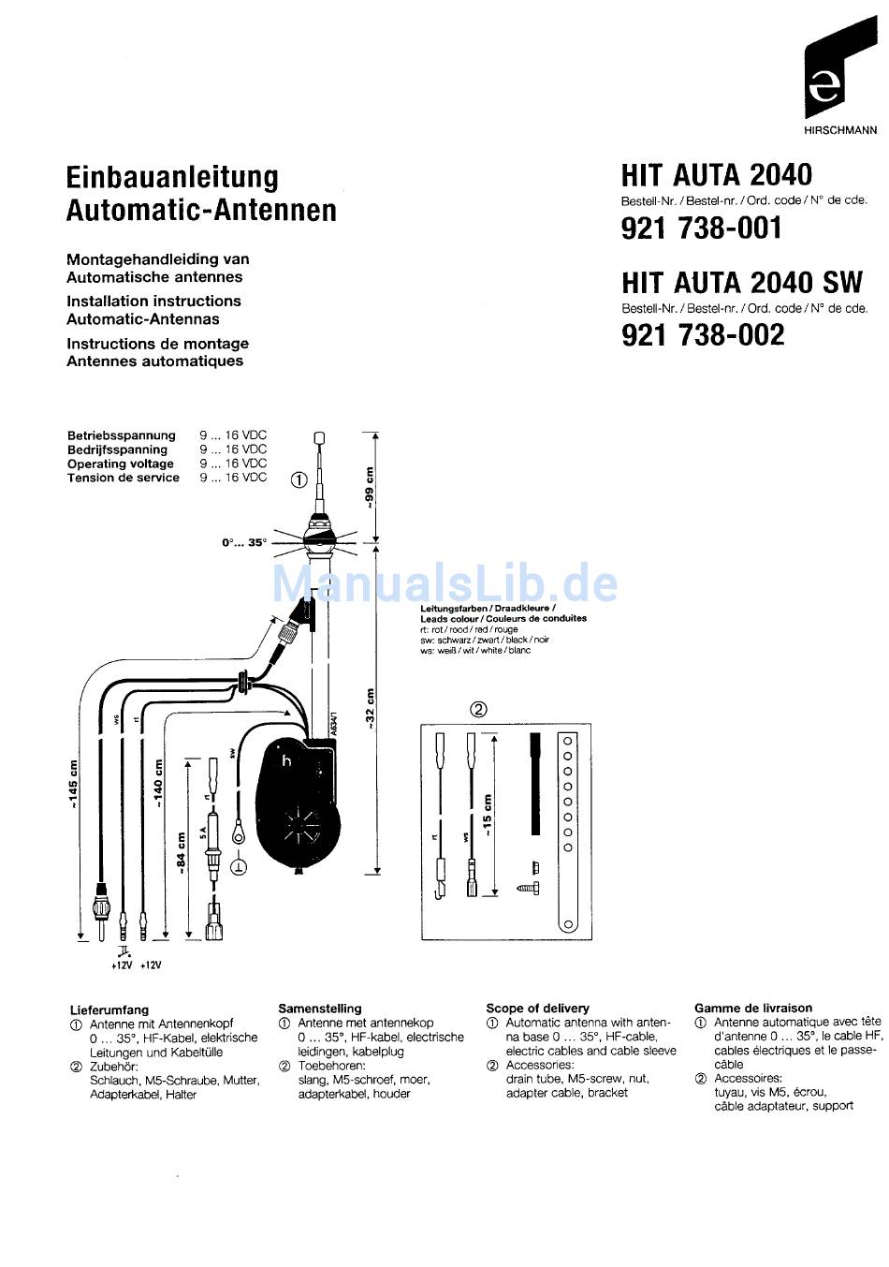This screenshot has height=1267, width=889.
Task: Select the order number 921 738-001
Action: coord(701,228)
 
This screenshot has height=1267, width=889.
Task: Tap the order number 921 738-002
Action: coord(703,335)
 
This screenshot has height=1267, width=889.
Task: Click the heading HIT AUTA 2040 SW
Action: coord(742,283)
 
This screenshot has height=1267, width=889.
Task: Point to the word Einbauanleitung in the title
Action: coord(172,178)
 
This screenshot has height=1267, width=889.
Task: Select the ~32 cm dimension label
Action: coord(370,709)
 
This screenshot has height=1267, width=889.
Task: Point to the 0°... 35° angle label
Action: coord(243,543)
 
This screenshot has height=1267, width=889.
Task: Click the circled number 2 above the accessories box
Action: coord(478,709)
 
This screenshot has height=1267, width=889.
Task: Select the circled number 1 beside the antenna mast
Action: coord(299,480)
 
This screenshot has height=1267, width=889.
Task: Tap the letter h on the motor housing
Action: coord(286,760)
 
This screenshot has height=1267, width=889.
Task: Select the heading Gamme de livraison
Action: coord(752,1009)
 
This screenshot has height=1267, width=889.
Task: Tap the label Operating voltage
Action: coord(120,464)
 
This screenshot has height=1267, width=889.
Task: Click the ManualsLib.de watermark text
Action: coord(444,584)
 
